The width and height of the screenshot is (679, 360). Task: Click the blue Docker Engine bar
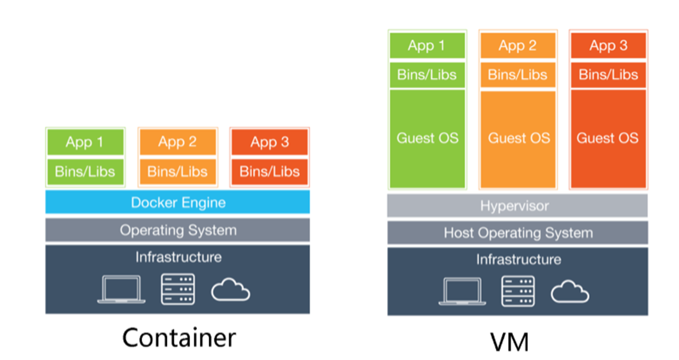click(178, 202)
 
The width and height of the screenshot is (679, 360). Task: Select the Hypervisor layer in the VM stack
click(517, 206)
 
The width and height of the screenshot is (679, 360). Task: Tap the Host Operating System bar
click(518, 233)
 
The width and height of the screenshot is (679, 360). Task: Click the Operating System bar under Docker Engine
click(178, 230)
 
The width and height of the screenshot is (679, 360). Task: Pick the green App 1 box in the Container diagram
click(85, 142)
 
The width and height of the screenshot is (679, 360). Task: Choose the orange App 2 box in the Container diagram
click(178, 142)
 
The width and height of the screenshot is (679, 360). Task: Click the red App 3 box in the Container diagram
click(269, 142)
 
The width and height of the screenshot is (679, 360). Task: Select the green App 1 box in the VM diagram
click(427, 46)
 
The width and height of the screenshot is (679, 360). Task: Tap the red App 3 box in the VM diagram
click(608, 46)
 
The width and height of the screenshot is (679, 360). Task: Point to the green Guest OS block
click(427, 139)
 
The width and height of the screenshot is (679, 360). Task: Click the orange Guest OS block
click(518, 139)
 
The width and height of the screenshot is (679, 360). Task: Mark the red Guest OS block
click(608, 139)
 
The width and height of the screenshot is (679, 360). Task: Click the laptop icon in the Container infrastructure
click(121, 290)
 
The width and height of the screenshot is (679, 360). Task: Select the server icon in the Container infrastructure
click(178, 289)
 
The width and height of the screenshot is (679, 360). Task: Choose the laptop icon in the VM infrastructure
click(462, 292)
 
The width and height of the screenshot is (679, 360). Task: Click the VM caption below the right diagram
click(509, 342)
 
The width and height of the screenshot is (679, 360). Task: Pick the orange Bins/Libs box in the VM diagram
click(518, 75)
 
